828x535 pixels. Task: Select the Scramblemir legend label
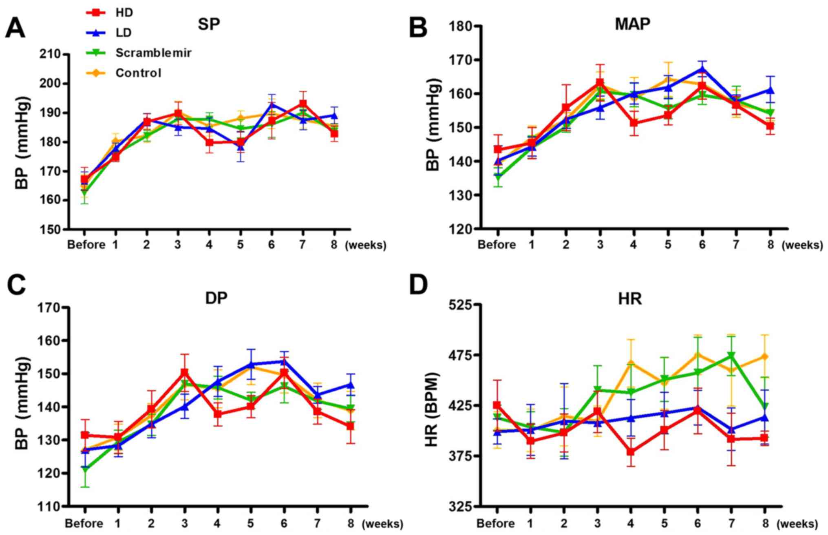153,53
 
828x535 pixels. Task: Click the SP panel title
209,24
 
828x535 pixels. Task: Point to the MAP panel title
632,24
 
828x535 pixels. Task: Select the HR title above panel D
630,299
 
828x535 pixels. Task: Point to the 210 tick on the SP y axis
49,54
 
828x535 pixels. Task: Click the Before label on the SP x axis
86,245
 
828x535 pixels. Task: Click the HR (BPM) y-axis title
431,409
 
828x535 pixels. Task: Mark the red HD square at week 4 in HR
631,452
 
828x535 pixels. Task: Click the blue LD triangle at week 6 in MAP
702,69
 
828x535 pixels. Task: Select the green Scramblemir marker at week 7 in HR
731,356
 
